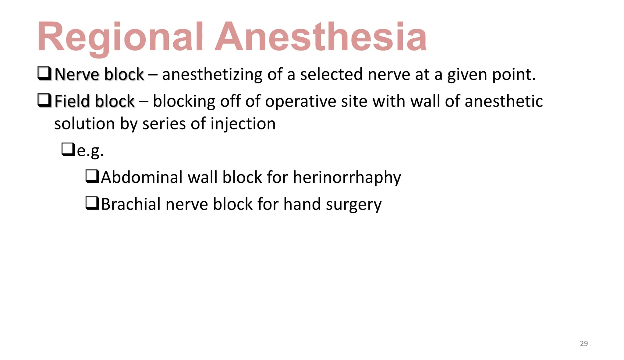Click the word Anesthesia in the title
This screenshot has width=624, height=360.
tap(321, 37)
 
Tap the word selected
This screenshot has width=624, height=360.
tap(331, 74)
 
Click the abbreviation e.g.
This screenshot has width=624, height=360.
tap(90, 150)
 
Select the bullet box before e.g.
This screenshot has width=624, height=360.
tap(68, 149)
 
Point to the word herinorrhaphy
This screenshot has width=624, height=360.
tap(347, 177)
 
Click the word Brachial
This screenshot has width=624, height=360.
tap(130, 204)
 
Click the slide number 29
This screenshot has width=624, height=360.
tap(584, 344)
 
